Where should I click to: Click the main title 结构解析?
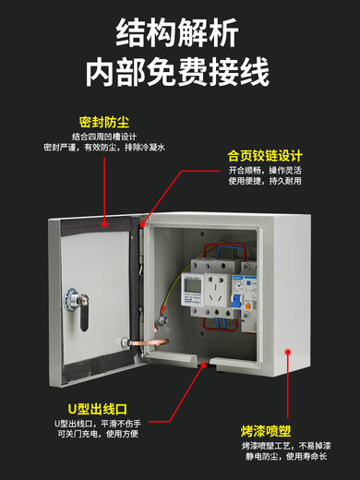[180, 32]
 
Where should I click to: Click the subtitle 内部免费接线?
[180, 73]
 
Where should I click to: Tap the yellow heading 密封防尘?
[103, 121]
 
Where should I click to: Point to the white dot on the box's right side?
[288, 352]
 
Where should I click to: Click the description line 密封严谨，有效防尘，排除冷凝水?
[103, 148]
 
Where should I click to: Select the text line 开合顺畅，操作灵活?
[267, 171]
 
